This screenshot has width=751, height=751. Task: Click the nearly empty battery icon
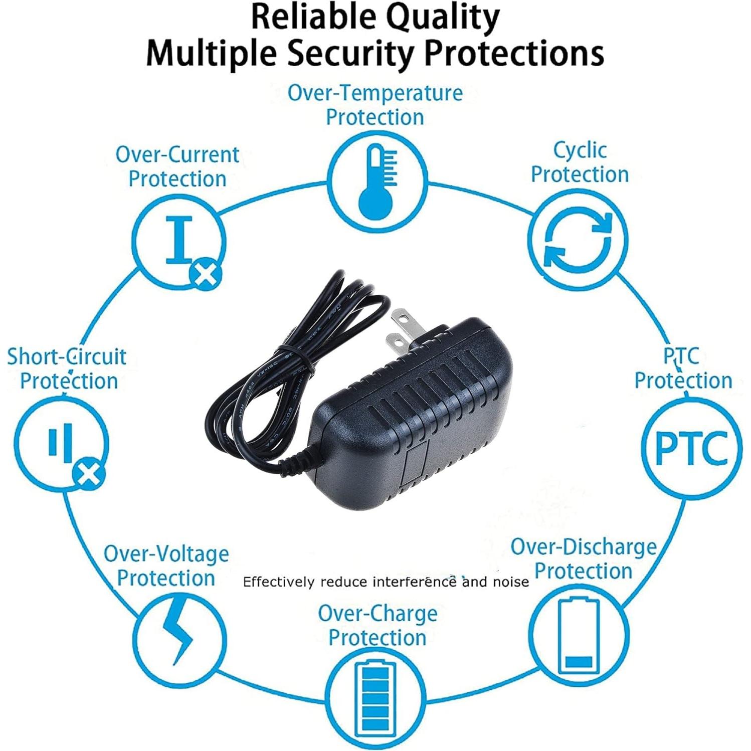[579, 635]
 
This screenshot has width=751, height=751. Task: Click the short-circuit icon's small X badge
[89, 474]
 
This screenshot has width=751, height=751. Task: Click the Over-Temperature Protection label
[375, 105]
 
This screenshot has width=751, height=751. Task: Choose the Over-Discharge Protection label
[584, 558]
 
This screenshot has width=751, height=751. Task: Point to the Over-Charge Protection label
[378, 626]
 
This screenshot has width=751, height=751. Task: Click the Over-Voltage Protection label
[166, 566]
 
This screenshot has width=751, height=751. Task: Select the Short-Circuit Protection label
[67, 369]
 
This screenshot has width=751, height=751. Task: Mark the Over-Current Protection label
[177, 166]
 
